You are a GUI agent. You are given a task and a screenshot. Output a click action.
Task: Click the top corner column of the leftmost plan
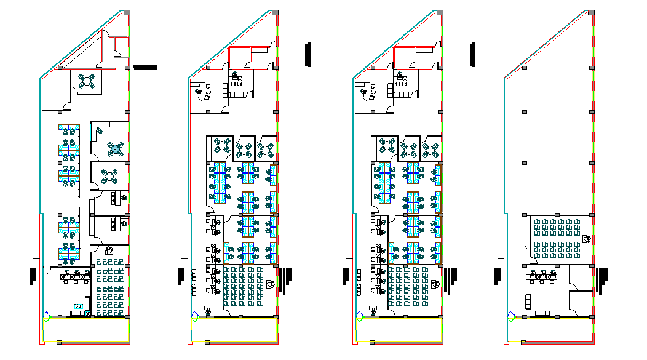coord(126,12)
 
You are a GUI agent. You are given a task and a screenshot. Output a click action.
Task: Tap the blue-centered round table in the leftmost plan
coord(115,148)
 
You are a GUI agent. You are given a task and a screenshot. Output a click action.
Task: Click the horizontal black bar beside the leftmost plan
coord(145,66)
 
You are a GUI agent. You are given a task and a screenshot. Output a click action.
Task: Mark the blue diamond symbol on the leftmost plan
coord(46,316)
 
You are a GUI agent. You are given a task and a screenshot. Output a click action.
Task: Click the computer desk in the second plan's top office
coord(236,76)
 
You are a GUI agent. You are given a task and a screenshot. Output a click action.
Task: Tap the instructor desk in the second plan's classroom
coord(271,284)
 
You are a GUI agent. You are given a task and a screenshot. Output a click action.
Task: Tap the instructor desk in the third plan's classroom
coord(436,284)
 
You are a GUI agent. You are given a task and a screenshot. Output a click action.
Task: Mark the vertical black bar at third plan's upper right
coord(473,54)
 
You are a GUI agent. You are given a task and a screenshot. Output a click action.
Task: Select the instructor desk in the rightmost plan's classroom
coord(587,238)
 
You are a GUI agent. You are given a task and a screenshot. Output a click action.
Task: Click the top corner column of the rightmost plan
coord(590,12)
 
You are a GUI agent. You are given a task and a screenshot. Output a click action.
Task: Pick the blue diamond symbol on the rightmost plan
coord(510,316)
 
